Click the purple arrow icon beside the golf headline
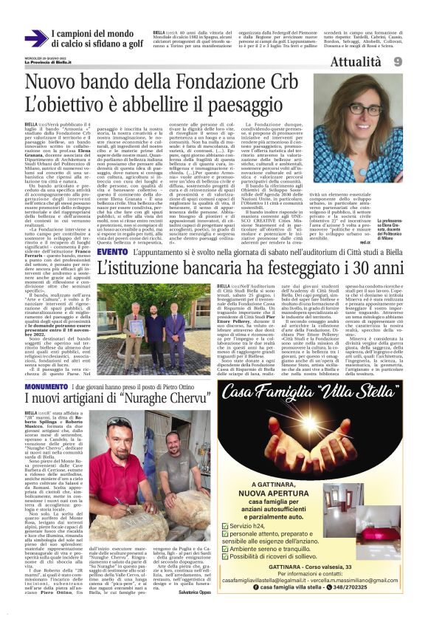click(35, 38)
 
